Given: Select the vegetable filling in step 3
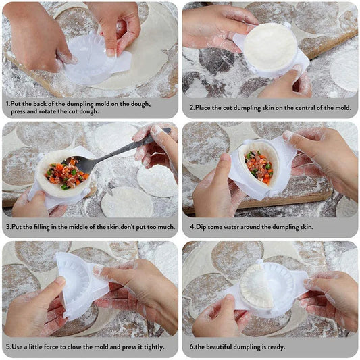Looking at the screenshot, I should click(x=66, y=174).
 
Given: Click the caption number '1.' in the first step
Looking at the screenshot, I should click(x=7, y=103).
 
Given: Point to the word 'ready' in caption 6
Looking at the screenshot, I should click(x=273, y=347).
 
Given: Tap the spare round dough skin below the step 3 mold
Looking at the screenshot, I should click(x=126, y=202).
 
